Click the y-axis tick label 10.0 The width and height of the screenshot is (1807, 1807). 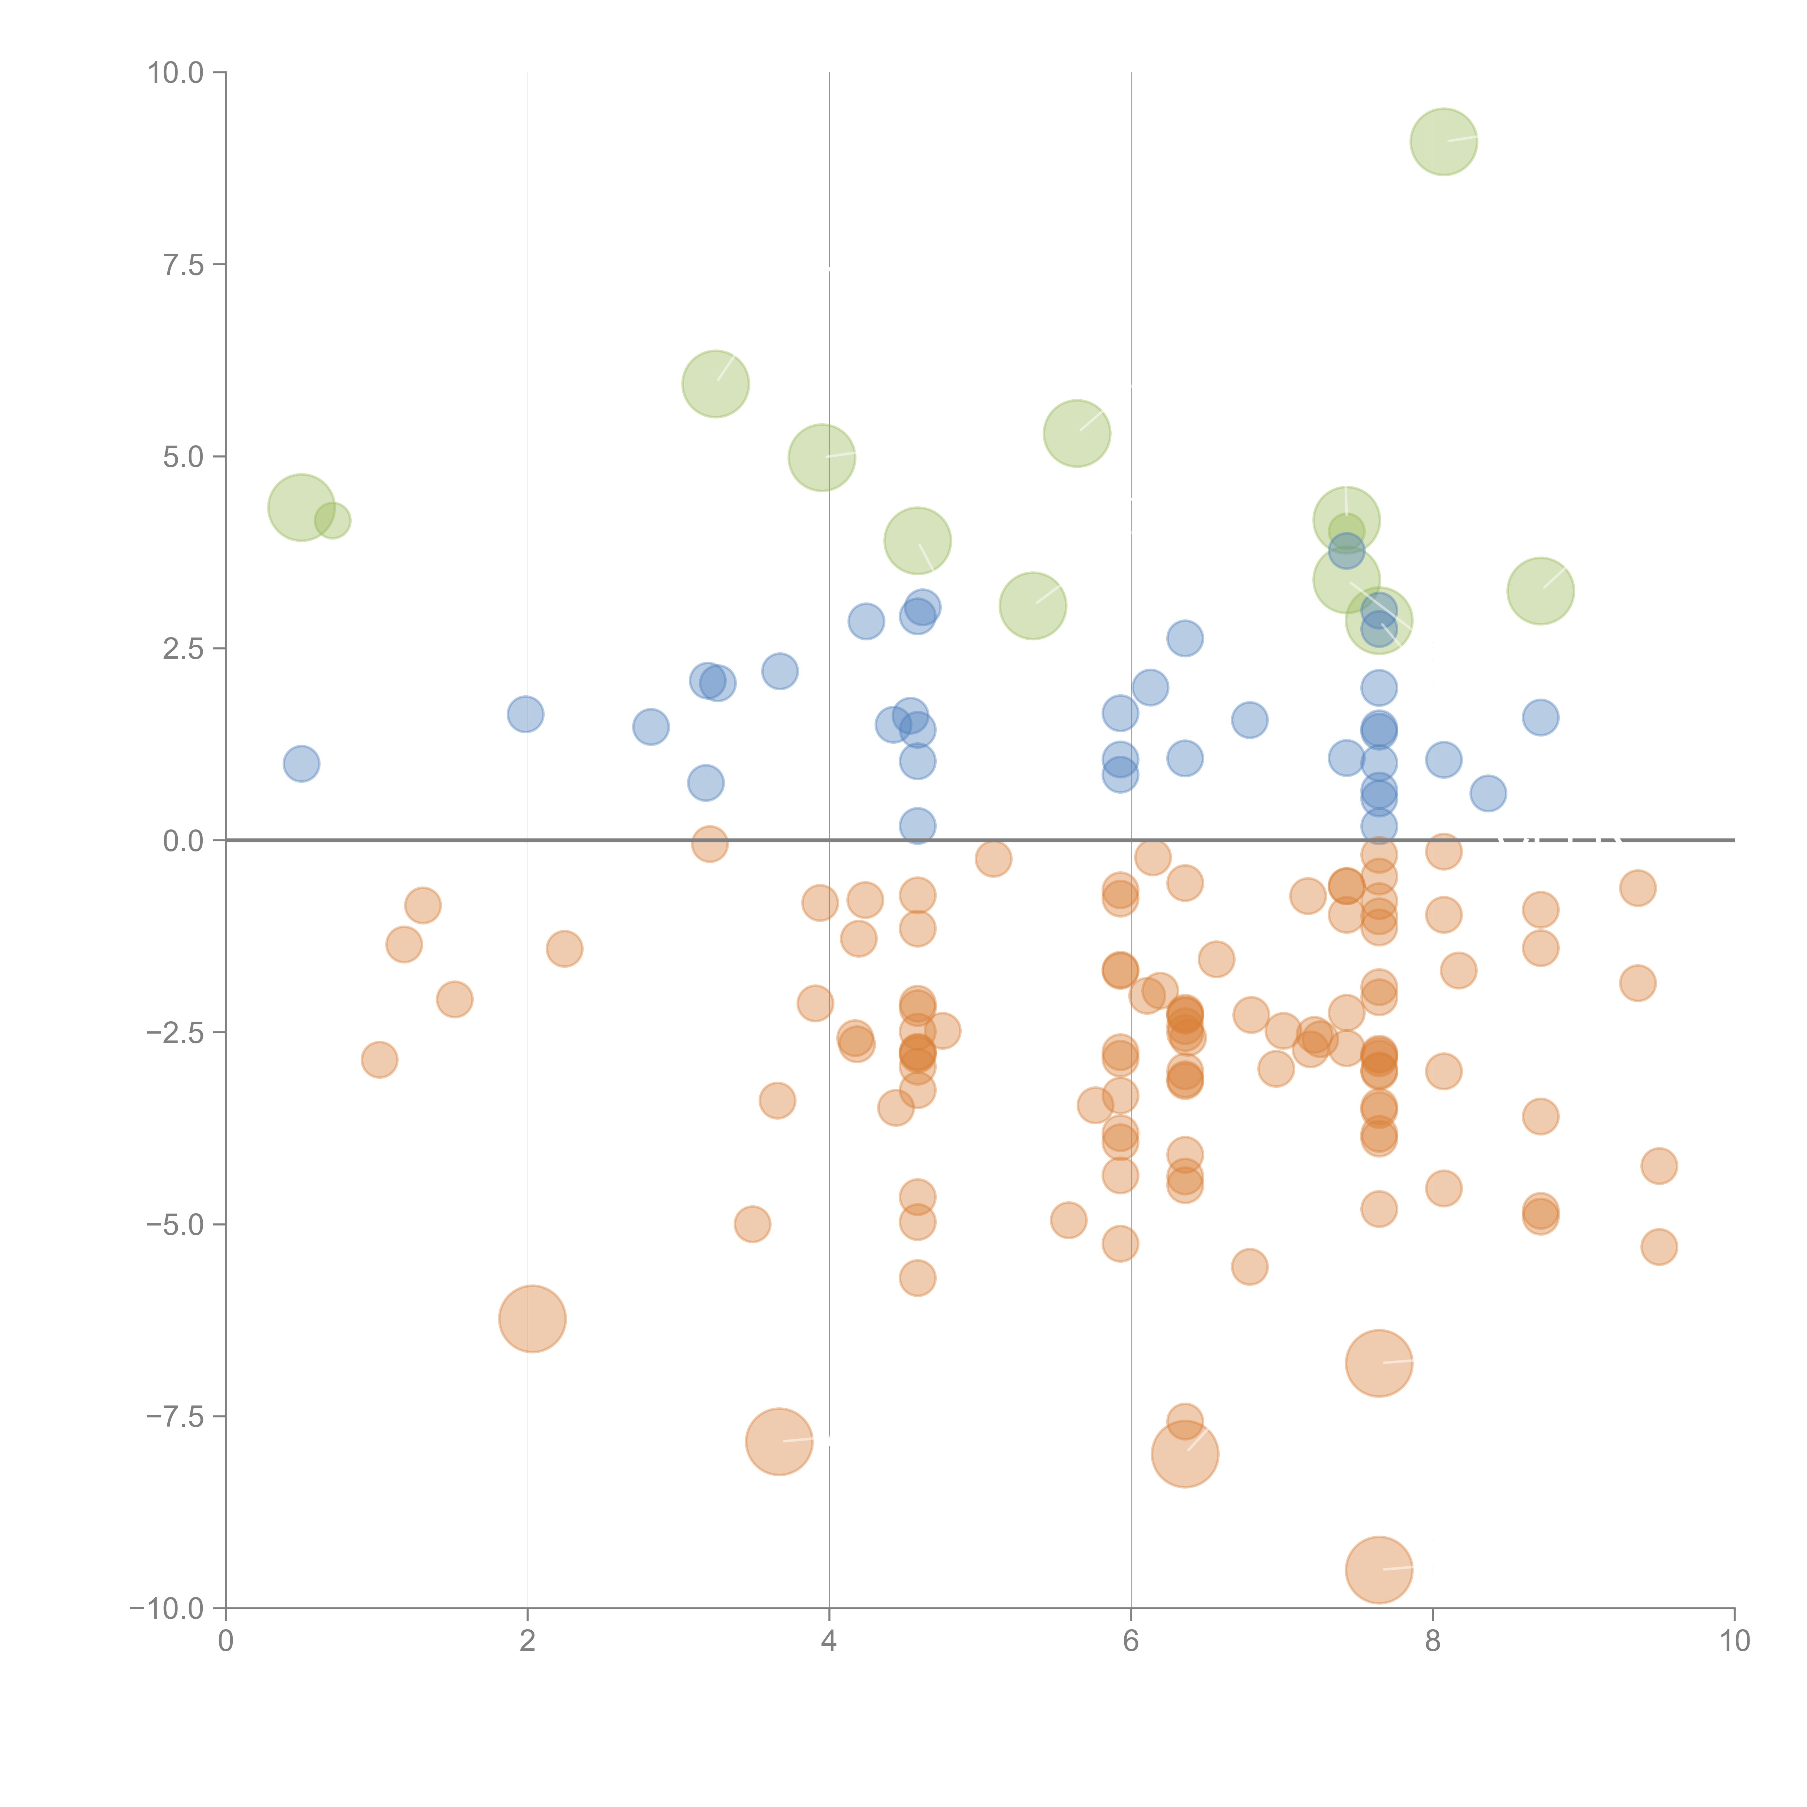pyautogui.click(x=176, y=73)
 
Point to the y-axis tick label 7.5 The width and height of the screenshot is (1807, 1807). pyautogui.click(x=183, y=265)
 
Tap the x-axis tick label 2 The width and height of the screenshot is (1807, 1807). pyautogui.click(x=528, y=1641)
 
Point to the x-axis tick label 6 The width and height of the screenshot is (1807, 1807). pyautogui.click(x=1131, y=1641)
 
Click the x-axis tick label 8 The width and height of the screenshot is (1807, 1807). pyautogui.click(x=1433, y=1641)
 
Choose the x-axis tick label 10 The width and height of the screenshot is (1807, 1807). pyautogui.click(x=1734, y=1641)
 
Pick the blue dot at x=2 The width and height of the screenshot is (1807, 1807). pyautogui.click(x=525, y=714)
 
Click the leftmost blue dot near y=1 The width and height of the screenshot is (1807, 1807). pyautogui.click(x=301, y=764)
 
